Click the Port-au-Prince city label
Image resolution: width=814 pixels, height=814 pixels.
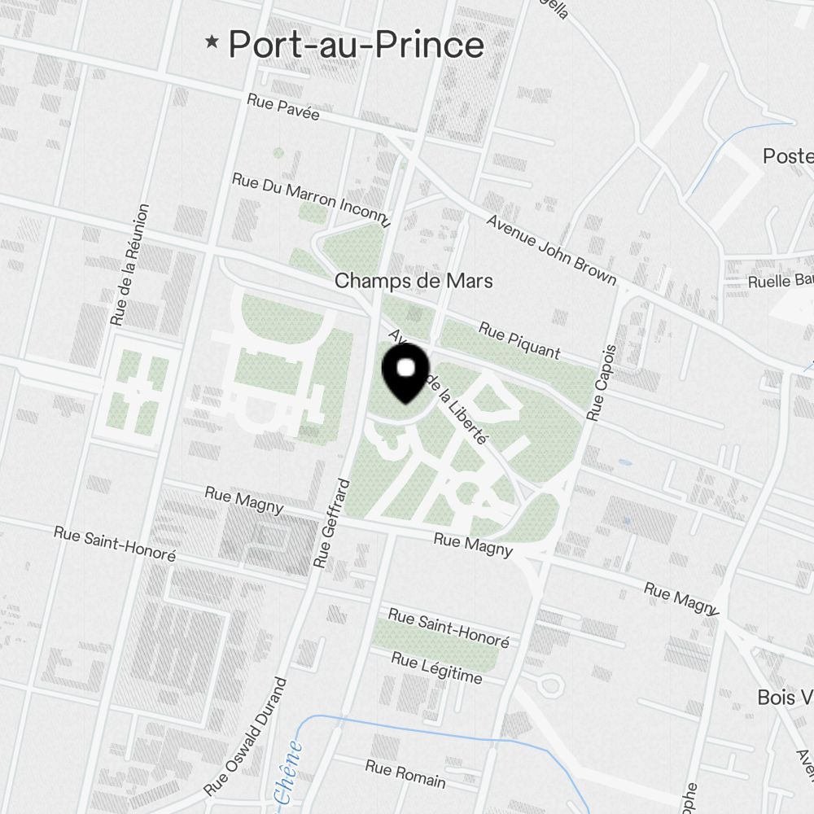click(x=356, y=44)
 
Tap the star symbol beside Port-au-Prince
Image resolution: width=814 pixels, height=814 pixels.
click(x=213, y=42)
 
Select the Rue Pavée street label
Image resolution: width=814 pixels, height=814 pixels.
click(x=283, y=108)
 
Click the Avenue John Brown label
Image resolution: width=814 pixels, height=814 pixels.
click(x=551, y=249)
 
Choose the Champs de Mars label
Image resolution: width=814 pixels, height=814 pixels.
click(x=414, y=282)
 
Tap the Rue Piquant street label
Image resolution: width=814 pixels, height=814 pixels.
click(x=519, y=340)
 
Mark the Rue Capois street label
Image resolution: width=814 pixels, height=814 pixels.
click(x=602, y=381)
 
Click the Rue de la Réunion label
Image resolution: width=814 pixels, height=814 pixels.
click(x=130, y=265)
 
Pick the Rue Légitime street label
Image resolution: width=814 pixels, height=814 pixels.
click(x=436, y=667)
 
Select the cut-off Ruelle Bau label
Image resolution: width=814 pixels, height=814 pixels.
click(x=780, y=282)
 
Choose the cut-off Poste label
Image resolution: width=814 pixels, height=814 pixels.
click(x=787, y=155)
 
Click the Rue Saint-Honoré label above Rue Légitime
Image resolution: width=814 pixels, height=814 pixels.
click(x=449, y=628)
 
